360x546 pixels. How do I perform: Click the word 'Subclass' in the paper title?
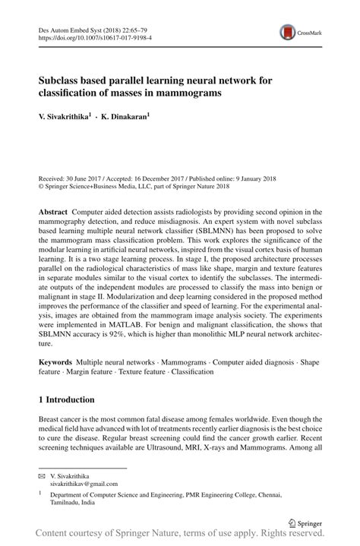pos(62,80)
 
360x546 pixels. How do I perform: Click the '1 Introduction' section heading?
pos(66,399)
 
